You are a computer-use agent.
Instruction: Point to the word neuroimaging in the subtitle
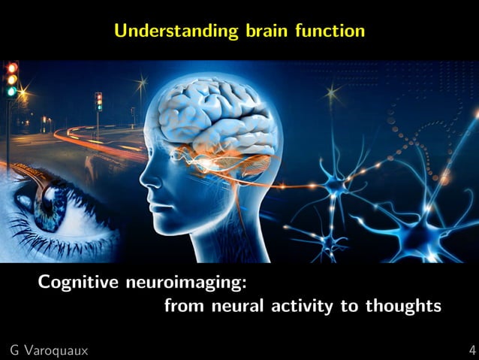click(187, 285)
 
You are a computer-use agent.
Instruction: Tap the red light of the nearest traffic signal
click(11, 68)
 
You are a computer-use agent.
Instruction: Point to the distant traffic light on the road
click(98, 100)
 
